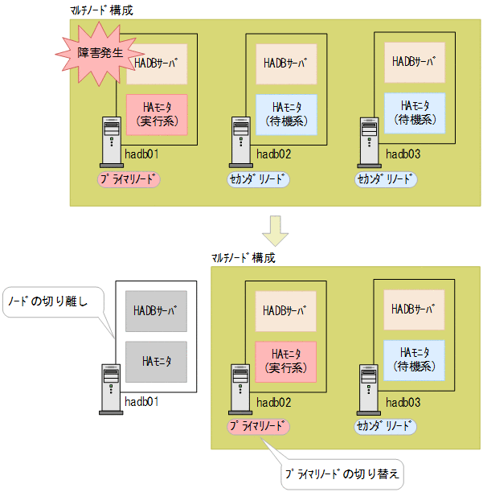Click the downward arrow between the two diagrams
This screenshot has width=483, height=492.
pyautogui.click(x=276, y=230)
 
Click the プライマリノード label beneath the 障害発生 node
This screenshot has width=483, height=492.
pyautogui.click(x=129, y=178)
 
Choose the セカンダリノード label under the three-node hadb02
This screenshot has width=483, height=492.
pyautogui.click(x=258, y=178)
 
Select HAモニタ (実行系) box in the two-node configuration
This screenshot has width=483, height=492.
pyautogui.click(x=286, y=359)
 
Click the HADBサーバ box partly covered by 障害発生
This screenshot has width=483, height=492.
pyautogui.click(x=157, y=62)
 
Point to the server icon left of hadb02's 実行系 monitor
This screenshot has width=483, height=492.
pyautogui.click(x=239, y=386)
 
